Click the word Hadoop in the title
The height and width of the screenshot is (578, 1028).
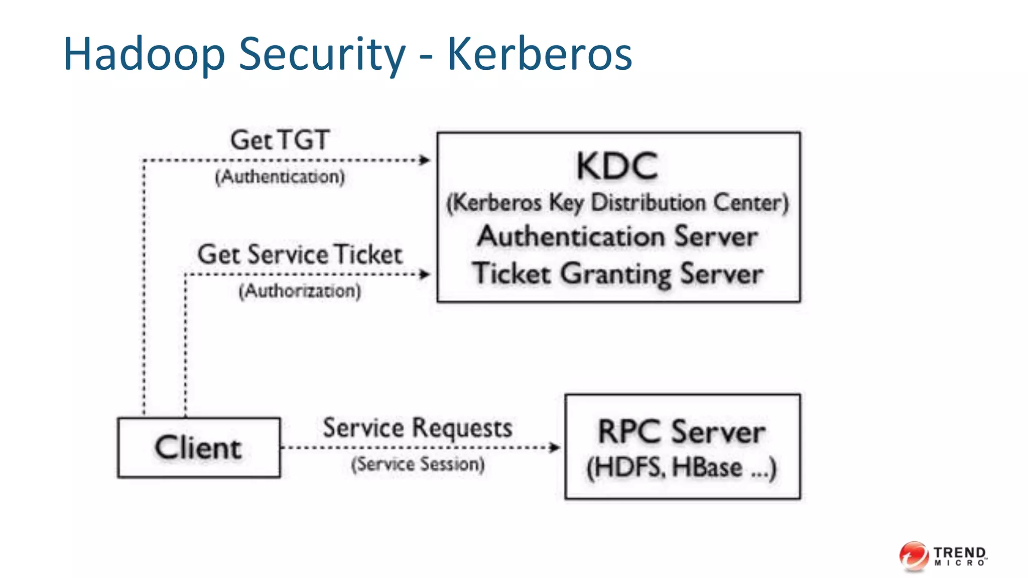pyautogui.click(x=144, y=54)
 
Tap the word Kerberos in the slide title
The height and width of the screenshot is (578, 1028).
pyautogui.click(x=539, y=54)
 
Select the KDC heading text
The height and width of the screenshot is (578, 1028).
pyautogui.click(x=617, y=167)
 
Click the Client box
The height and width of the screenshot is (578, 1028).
pyautogui.click(x=199, y=448)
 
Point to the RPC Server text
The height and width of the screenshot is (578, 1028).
pyautogui.click(x=682, y=431)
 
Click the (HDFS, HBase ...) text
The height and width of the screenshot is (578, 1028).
pyautogui.click(x=682, y=468)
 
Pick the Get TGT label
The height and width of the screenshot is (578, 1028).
pyautogui.click(x=280, y=140)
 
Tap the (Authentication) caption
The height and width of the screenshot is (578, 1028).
pyautogui.click(x=280, y=177)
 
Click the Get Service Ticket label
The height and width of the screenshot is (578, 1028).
pyautogui.click(x=300, y=254)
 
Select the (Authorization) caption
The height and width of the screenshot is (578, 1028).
pyautogui.click(x=300, y=291)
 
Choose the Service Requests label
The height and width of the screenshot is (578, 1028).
pyautogui.click(x=417, y=428)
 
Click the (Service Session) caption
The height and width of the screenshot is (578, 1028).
pyautogui.click(x=418, y=464)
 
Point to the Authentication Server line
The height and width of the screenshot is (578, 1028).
pyautogui.click(x=617, y=236)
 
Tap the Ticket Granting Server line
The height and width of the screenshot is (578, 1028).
pyautogui.click(x=617, y=274)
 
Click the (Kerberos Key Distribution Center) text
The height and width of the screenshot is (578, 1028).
pyautogui.click(x=617, y=203)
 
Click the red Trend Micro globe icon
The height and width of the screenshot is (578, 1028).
pyautogui.click(x=914, y=556)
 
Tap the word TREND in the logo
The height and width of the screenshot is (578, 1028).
pyautogui.click(x=960, y=552)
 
